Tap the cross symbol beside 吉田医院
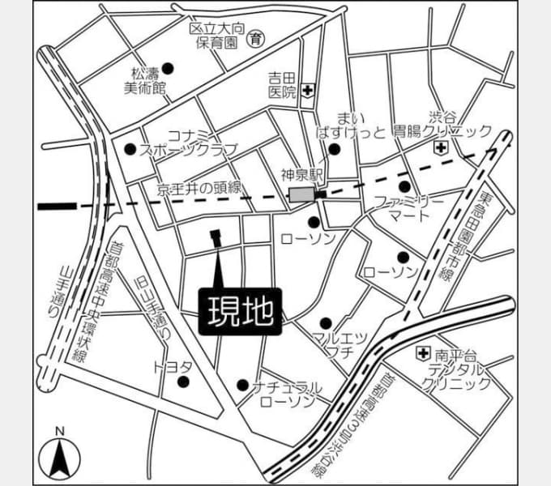click(308, 91)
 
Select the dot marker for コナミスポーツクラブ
click(130, 149)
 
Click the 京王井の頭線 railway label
click(202, 189)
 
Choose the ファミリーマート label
click(409, 209)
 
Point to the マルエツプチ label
click(340, 344)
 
